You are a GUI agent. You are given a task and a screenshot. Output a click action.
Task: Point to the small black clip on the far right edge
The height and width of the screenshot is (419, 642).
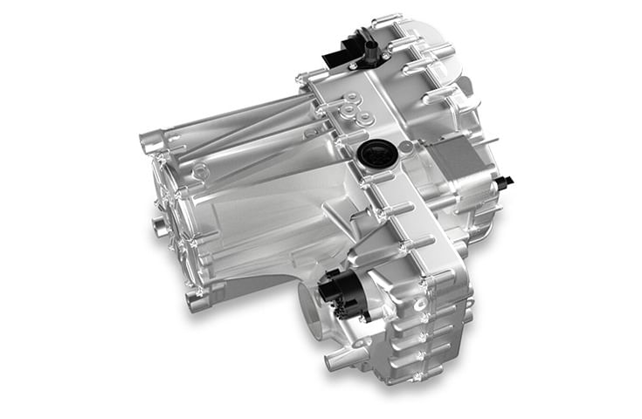(x=505, y=181)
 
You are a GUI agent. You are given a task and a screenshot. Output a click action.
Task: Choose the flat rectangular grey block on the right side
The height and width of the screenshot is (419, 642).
(x=454, y=169)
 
